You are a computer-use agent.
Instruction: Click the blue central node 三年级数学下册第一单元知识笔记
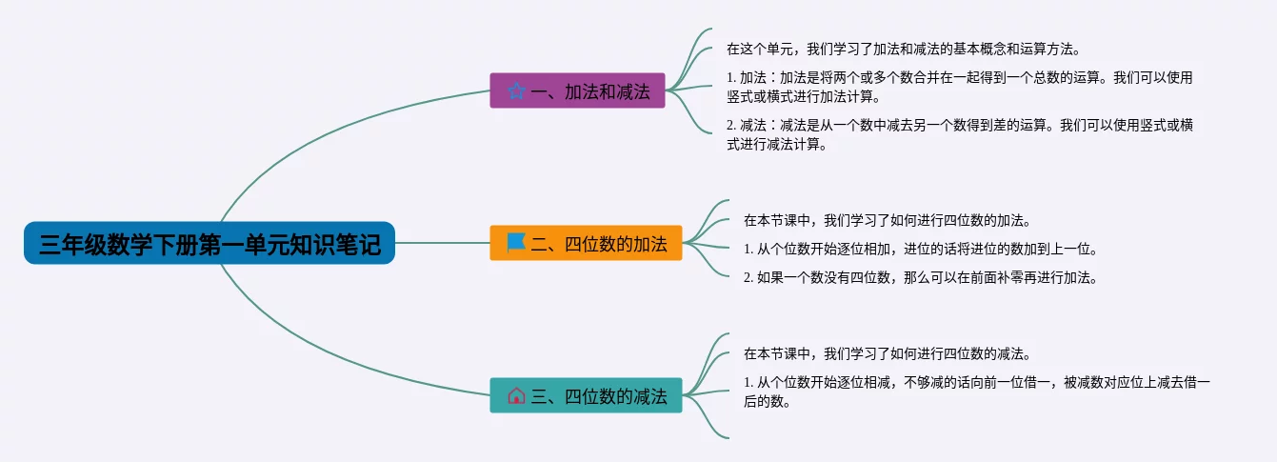209,244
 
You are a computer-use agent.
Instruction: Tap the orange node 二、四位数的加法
586,243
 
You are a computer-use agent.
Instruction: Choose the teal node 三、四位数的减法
585,395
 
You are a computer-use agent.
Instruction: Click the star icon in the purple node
516,91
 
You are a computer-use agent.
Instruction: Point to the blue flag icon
516,243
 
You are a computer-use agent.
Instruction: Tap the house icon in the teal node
516,395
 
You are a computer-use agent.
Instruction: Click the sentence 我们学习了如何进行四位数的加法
885,220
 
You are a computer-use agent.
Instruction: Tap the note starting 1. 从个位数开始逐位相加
920,250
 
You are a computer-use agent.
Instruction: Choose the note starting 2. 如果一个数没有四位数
920,278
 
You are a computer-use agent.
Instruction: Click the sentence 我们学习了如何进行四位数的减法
885,353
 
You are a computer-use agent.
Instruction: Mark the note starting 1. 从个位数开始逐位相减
976,383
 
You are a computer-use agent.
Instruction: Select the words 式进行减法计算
775,146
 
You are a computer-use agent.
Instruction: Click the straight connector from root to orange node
442,243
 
